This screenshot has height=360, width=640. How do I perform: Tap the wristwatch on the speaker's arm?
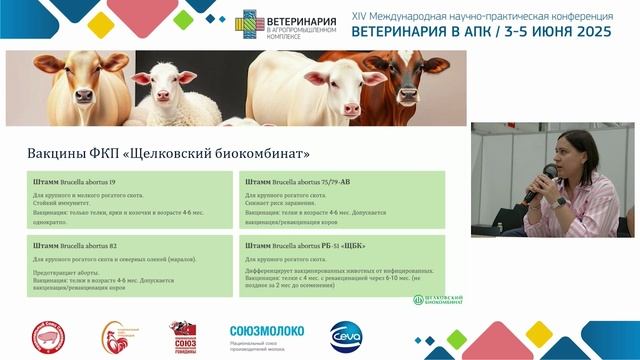[x=560, y=201]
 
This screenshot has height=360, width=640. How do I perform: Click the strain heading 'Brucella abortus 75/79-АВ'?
[x=293, y=183]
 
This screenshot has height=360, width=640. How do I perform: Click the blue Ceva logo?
[x=345, y=334]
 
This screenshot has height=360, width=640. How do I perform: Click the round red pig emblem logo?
[x=46, y=336]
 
